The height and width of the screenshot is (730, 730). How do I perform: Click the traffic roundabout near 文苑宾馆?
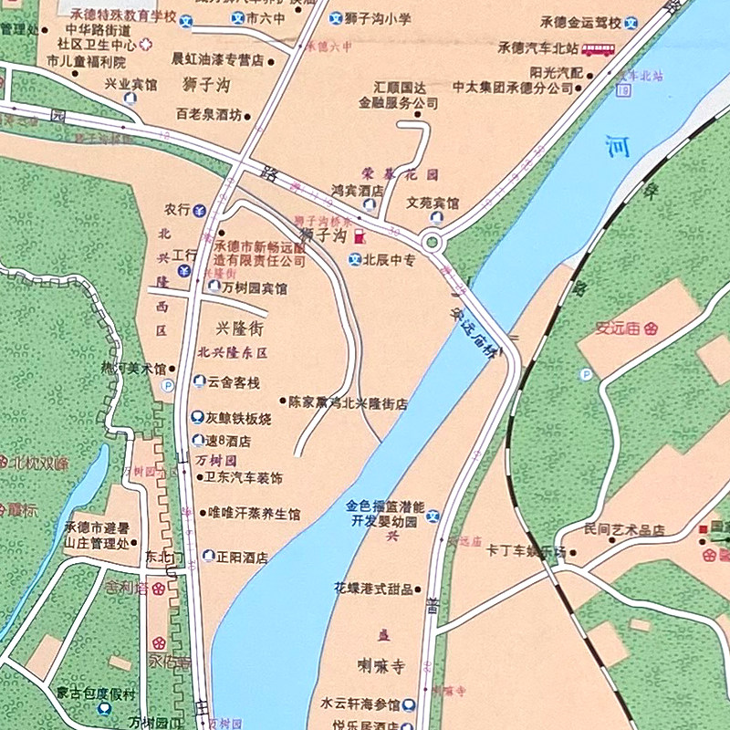pos(432,243)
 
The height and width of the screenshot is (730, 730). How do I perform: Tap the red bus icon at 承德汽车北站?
pos(598,49)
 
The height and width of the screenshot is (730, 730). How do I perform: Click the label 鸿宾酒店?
pos(356,192)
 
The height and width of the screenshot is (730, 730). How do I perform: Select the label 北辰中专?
pos(389,260)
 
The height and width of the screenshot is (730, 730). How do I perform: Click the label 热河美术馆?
pos(133,370)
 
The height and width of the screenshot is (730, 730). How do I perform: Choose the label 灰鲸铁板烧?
pos(238,419)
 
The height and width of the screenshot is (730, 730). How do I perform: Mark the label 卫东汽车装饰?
pos(242,478)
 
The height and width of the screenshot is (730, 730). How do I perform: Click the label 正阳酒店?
pos(242,557)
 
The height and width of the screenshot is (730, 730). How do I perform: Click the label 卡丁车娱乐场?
pos(527,552)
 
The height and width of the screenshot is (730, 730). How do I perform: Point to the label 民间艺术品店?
pos(624,530)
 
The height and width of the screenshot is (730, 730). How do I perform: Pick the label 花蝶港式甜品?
pos(373,589)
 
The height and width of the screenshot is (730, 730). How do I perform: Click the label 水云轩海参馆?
pos(360,704)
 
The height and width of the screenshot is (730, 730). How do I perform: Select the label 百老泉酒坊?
pos(209,116)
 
